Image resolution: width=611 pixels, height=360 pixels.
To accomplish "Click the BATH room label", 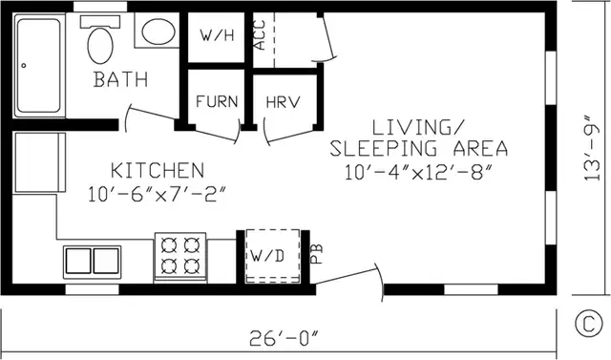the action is tap(121, 79).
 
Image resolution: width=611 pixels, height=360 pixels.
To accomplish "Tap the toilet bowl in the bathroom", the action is tap(100, 45).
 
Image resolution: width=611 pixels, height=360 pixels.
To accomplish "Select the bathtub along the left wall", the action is tap(38, 66).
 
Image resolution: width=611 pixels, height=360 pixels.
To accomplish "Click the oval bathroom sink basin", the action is tap(158, 32).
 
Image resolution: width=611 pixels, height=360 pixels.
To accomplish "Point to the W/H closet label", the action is tap(217, 35).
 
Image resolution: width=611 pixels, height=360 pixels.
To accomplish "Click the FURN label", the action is tap(217, 101).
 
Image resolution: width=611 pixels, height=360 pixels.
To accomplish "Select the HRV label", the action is tap(284, 102).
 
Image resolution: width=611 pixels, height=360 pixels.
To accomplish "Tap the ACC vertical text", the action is tap(260, 35).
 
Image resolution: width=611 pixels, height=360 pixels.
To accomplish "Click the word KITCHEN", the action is tap(158, 171).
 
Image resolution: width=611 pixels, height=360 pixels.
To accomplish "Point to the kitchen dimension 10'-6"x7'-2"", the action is tap(157, 194).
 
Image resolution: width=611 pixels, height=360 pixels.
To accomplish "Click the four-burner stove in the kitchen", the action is tap(180, 258).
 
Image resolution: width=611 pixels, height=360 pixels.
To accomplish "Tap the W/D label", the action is tap(267, 256).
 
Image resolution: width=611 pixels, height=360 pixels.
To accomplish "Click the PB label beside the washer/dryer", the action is tap(317, 254).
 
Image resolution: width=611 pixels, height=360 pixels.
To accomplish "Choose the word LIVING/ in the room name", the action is tap(418, 128).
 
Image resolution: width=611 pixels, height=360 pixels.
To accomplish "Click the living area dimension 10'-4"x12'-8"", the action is tap(419, 172).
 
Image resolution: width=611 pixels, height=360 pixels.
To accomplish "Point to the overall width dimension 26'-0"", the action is tap(284, 338).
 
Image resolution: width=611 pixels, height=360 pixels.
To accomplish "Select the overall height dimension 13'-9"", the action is tap(592, 147).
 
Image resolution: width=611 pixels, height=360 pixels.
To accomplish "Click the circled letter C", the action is tap(588, 323).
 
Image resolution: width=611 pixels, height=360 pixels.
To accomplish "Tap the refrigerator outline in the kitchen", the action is tap(39, 162).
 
